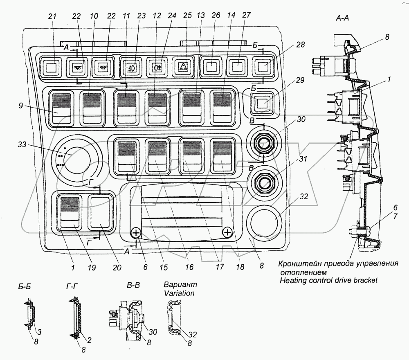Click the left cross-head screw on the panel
click(136, 233)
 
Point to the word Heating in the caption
click(291, 280)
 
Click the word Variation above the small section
click(177, 293)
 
